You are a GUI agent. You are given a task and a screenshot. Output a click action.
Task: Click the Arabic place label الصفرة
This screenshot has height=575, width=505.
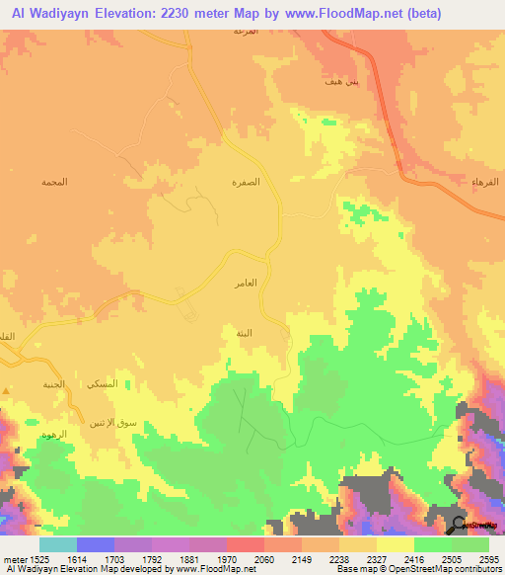click(x=246, y=184)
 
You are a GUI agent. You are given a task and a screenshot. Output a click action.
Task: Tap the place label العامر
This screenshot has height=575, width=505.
click(x=246, y=284)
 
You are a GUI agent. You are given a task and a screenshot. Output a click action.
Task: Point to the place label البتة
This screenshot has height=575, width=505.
click(x=243, y=333)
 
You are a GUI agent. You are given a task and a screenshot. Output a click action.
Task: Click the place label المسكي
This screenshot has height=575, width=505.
click(x=104, y=383)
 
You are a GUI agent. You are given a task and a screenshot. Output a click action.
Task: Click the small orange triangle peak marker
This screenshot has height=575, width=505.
click(x=6, y=391)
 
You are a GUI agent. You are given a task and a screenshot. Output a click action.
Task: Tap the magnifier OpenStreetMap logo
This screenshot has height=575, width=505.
click(x=461, y=524)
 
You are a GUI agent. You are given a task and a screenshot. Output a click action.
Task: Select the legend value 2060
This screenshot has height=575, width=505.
click(x=263, y=558)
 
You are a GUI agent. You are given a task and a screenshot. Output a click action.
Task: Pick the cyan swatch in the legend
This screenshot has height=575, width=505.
click(x=57, y=544)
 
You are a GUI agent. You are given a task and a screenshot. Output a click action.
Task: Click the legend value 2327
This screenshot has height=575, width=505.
click(x=376, y=558)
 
